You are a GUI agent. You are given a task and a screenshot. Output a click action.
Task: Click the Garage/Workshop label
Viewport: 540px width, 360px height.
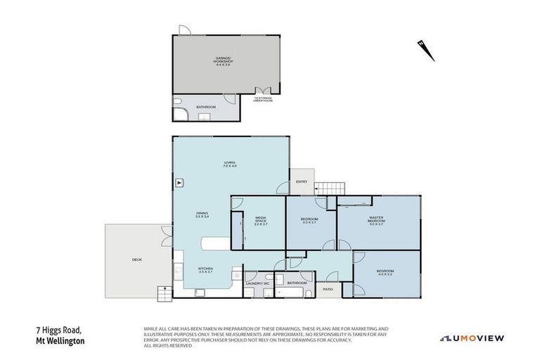pos(224,61)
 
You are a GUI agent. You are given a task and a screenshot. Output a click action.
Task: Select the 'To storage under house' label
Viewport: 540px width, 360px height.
pos(263,100)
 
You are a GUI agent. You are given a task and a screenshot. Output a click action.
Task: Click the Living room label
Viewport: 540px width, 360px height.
pos(229,164)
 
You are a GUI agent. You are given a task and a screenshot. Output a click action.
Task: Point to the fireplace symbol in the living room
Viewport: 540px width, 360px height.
pos(179,182)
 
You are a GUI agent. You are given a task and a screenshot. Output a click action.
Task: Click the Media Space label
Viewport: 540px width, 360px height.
pos(260,221)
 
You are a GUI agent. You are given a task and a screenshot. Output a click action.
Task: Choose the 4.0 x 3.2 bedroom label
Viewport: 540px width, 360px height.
pos(385,272)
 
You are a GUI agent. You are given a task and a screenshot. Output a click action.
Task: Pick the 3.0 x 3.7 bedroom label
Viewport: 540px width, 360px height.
pos(310,221)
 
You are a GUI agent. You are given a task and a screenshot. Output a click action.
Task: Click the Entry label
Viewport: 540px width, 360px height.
pos(302,182)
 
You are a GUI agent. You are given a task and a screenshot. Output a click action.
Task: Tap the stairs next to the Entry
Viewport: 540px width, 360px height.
pos(329,188)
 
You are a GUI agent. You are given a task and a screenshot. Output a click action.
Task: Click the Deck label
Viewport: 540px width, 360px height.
pos(136,260)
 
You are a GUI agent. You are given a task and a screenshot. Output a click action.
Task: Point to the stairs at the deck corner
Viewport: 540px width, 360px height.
pos(163,292)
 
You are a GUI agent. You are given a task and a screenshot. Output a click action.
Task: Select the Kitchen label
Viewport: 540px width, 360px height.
pos(205,270)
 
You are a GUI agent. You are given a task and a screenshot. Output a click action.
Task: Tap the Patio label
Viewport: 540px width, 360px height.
pos(328,288)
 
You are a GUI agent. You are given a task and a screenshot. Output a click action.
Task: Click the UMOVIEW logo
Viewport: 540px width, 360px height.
pos(472,338)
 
